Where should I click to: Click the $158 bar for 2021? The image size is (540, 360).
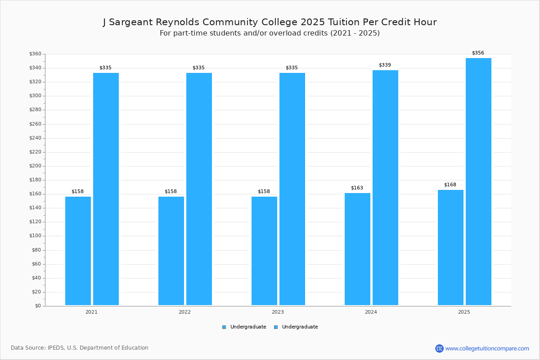pyautogui.click(x=78, y=251)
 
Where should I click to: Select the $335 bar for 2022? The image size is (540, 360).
pyautogui.click(x=199, y=189)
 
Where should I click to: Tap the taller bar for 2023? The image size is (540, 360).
pyautogui.click(x=292, y=189)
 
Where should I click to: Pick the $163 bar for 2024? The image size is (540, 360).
pyautogui.click(x=357, y=249)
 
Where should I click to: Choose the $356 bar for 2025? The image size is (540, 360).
pyautogui.click(x=478, y=181)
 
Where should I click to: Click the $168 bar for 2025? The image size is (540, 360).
pyautogui.click(x=450, y=247)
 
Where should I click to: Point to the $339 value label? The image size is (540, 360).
pyautogui.click(x=385, y=65)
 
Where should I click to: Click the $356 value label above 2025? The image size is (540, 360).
pyautogui.click(x=478, y=53)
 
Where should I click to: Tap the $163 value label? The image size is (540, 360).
pyautogui.click(x=357, y=188)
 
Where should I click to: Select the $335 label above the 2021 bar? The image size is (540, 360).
pyautogui.click(x=105, y=67)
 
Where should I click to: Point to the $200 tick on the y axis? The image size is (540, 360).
pyautogui.click(x=35, y=166)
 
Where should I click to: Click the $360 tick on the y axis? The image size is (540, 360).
pyautogui.click(x=35, y=54)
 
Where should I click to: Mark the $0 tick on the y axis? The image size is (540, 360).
pyautogui.click(x=38, y=306)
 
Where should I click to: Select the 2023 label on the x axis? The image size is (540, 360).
pyautogui.click(x=278, y=312)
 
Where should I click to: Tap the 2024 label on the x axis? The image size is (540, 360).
pyautogui.click(x=371, y=312)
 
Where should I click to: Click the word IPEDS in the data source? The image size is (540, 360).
pyautogui.click(x=55, y=348)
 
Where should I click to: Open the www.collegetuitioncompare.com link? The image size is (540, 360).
pyautogui.click(x=487, y=348)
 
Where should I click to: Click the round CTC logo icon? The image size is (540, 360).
pyautogui.click(x=439, y=348)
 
